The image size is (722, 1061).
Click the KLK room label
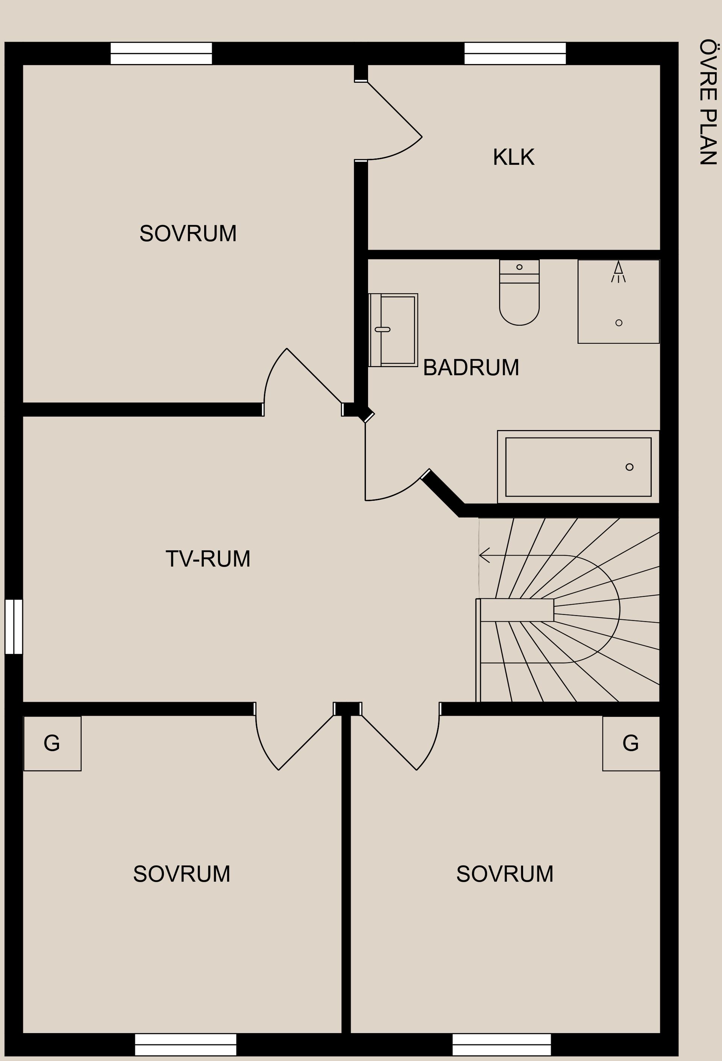pos(514,157)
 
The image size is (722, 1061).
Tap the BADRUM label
pos(471,367)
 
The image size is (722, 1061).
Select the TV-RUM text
pos(208,559)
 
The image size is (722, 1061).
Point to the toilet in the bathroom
pos(519,292)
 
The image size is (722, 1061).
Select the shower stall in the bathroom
pos(619,301)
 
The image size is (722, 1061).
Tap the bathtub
pos(578,466)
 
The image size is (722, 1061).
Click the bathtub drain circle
pos(629,467)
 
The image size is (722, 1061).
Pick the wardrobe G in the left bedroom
pos(52,744)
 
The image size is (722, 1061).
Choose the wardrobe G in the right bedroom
pos(631,744)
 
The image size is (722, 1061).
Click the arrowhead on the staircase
pos(484,555)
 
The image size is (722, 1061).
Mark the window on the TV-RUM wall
pos(14,627)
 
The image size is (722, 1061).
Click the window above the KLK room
pos(515,53)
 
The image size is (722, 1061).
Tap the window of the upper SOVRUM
pos(161,53)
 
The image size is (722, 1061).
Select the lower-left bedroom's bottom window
pos(186,1044)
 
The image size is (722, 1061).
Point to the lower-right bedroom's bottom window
pos(502,1044)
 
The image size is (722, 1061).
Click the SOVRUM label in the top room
pos(188,234)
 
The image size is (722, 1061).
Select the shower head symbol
pos(619,271)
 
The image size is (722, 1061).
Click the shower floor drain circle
pos(619,323)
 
